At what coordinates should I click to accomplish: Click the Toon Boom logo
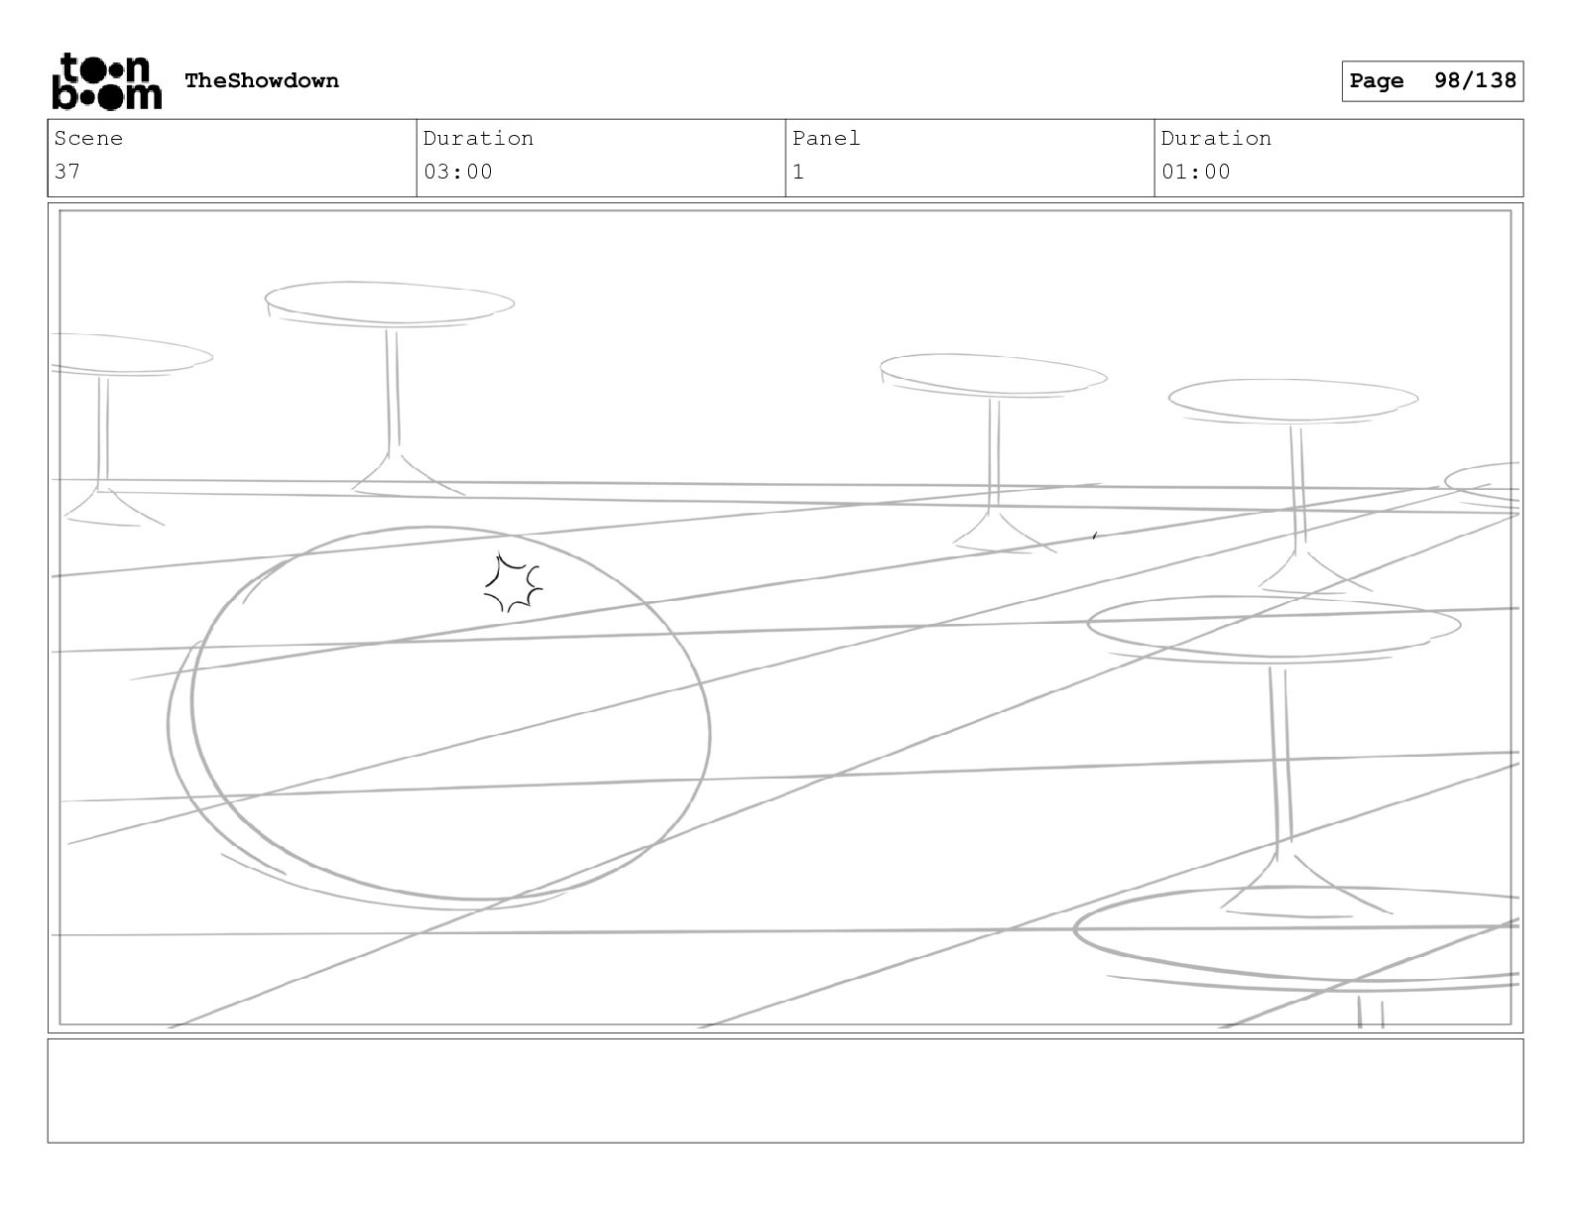click(x=105, y=81)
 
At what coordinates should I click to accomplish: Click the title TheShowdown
click(x=262, y=81)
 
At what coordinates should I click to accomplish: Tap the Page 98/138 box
click(x=1432, y=81)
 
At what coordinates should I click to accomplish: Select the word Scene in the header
click(x=88, y=139)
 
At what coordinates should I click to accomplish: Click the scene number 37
click(x=67, y=172)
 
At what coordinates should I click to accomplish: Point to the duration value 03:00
click(x=458, y=172)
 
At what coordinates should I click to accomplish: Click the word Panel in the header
click(x=826, y=139)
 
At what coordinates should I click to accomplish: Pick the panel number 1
click(x=798, y=172)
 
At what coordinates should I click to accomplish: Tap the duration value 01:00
click(x=1196, y=172)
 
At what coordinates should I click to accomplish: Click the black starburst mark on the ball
click(x=513, y=584)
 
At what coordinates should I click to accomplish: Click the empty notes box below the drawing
click(x=785, y=1090)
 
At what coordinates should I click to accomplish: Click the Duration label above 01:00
click(x=1216, y=139)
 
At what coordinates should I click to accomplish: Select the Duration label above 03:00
click(x=478, y=139)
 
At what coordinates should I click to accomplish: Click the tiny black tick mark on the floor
click(x=1094, y=537)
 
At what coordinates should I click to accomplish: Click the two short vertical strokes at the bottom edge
click(x=1371, y=1013)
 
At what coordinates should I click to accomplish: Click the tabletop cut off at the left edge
click(x=129, y=354)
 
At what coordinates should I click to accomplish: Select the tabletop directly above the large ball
click(x=390, y=303)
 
